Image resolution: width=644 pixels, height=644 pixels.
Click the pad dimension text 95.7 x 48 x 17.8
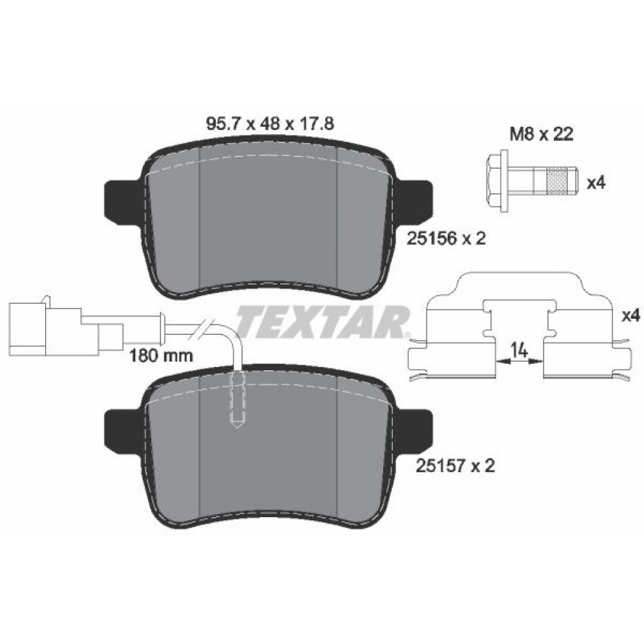(269, 123)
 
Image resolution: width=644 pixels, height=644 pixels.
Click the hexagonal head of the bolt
(498, 181)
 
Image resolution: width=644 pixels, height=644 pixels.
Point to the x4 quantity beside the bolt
(596, 183)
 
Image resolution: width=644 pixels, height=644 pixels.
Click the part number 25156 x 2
(446, 238)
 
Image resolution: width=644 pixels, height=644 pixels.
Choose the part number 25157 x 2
(455, 466)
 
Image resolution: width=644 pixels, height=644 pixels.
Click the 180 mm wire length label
(161, 355)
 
